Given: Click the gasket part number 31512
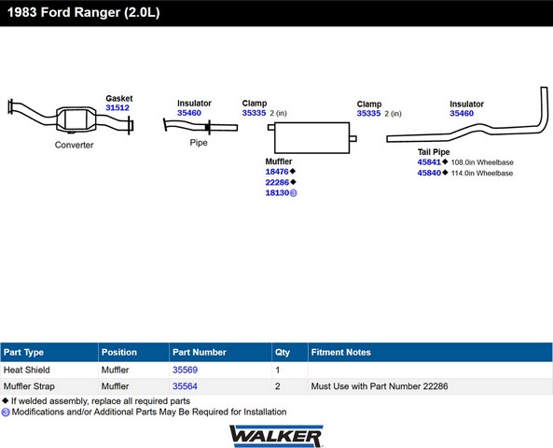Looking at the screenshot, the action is (118, 107).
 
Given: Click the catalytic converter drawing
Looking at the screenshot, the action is (76, 119).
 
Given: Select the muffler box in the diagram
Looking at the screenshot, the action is (311, 138).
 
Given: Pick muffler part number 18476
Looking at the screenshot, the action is (277, 172).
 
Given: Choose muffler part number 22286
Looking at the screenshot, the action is (277, 182).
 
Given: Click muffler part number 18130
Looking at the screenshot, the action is (277, 193).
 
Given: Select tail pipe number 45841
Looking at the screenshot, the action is (429, 162).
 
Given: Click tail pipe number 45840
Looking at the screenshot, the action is (429, 173).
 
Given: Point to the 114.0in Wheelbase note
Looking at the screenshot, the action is (482, 173).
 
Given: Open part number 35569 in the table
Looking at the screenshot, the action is (185, 370).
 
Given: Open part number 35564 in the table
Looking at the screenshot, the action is (185, 386).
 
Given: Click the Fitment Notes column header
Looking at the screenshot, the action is (340, 352).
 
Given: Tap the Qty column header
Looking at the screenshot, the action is (283, 352).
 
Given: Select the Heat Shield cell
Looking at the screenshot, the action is (27, 370).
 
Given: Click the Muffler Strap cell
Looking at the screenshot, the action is (29, 386).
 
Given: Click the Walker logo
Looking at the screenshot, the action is (276, 437).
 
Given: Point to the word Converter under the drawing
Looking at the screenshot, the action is (74, 145).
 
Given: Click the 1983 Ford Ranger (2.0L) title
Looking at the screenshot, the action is (84, 12).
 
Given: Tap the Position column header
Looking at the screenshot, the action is (118, 352).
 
